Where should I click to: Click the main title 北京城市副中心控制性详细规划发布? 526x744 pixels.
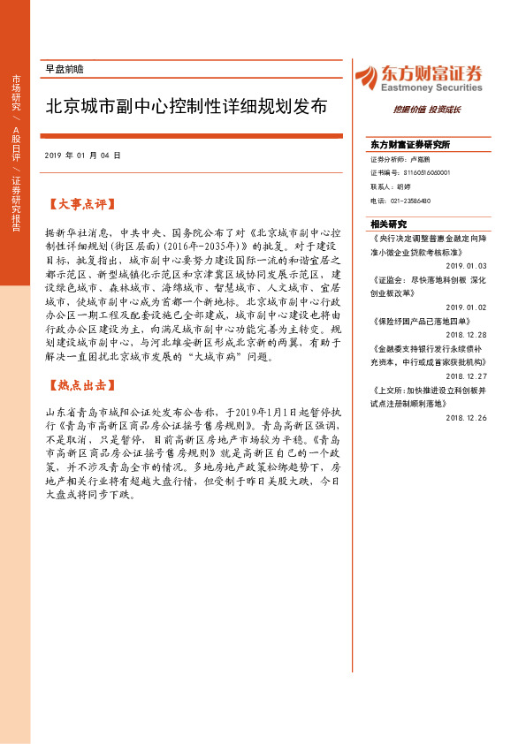coord(187,107)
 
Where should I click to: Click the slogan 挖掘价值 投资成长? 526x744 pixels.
coord(427,110)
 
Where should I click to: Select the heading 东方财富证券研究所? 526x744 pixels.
coord(411,144)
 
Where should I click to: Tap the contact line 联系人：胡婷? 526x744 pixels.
coord(391,186)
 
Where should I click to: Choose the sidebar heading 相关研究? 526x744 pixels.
coord(389,224)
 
